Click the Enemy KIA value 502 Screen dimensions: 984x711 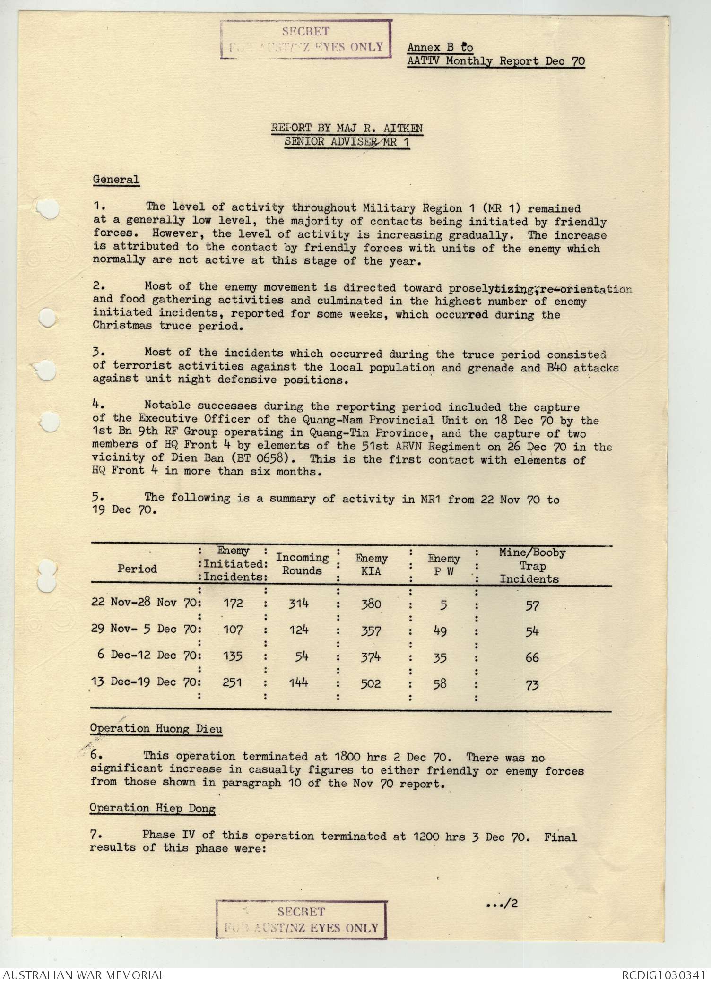pos(370,683)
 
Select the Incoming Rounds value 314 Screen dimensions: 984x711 pos(299,603)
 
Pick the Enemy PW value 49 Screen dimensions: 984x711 pos(440,630)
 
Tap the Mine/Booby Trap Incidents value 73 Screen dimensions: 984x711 pos(532,685)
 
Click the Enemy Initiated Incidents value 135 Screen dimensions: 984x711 pos(233,656)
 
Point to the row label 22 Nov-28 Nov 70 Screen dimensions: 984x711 pos(146,603)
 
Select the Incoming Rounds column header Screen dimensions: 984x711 pos(302,564)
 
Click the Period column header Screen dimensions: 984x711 pos(137,569)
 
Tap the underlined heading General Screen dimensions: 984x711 pos(116,180)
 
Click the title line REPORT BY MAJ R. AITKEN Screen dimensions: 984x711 pos(347,128)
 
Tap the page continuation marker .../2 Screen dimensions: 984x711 pos(502,904)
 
